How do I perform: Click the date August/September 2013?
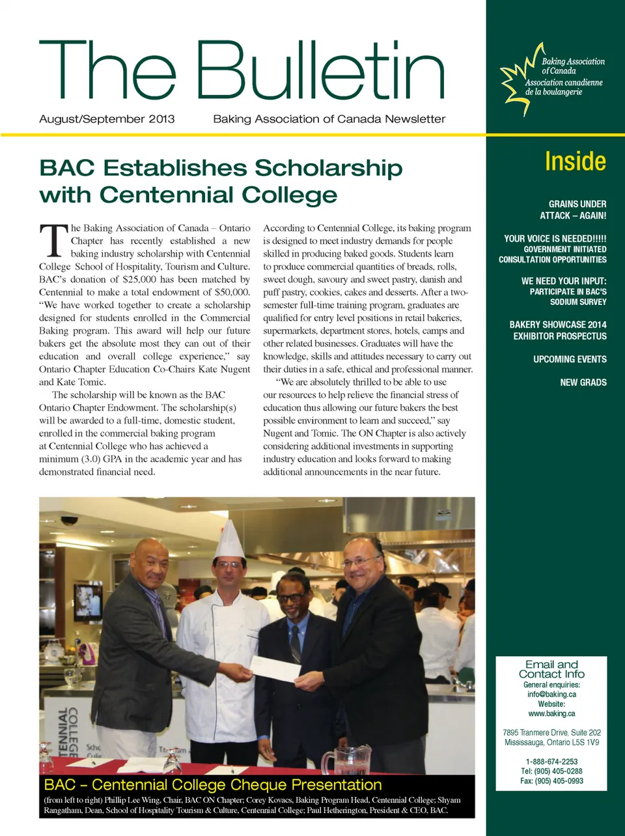[107, 119]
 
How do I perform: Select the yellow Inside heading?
[575, 161]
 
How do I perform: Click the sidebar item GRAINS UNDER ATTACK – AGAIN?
[573, 210]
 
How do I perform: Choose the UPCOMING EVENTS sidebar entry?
[570, 359]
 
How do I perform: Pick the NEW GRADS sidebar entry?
[583, 382]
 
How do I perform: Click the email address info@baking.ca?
[551, 695]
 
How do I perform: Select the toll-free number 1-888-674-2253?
[551, 762]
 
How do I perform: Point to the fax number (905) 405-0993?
[551, 781]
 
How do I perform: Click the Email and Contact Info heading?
[551, 669]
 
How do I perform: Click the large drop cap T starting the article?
[53, 240]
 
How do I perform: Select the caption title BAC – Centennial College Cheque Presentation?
[213, 785]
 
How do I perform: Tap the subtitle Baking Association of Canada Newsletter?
[329, 119]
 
